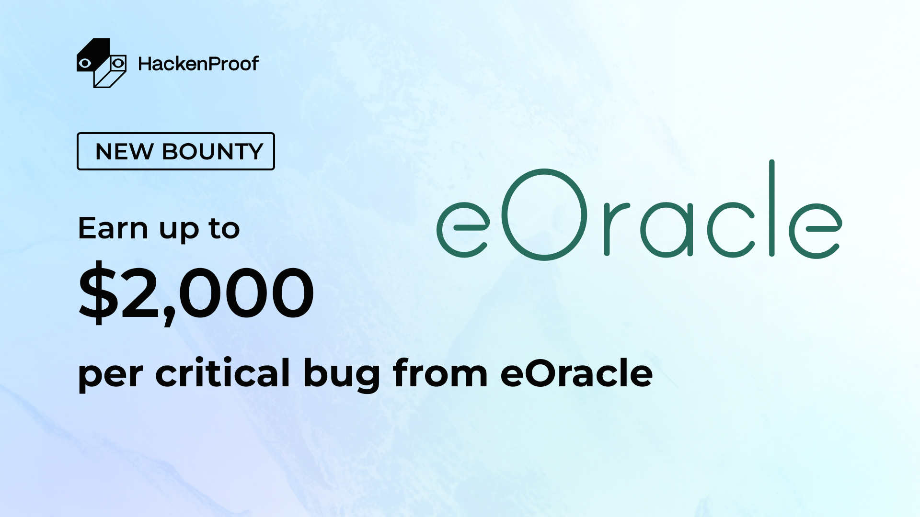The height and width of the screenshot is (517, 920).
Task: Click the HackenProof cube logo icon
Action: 101,63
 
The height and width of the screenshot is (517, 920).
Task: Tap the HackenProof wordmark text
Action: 198,64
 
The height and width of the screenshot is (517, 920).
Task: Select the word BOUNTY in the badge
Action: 213,152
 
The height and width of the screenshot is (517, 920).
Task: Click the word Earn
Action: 113,228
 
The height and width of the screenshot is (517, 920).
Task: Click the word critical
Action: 222,373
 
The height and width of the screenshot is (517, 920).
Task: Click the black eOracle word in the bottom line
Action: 576,373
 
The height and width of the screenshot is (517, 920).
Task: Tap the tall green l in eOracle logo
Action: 772,208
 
